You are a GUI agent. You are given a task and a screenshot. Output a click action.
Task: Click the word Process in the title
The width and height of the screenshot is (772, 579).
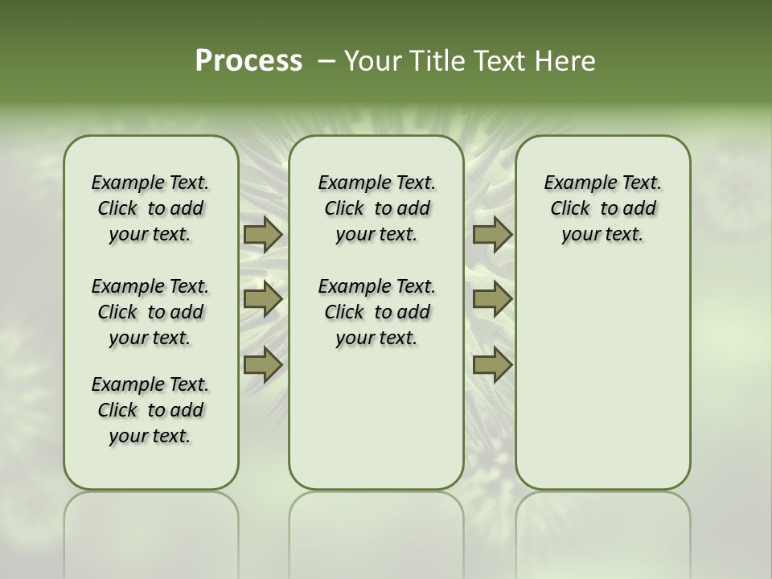pyautogui.click(x=248, y=61)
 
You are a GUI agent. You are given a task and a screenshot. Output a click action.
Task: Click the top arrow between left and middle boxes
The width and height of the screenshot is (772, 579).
pyautogui.click(x=262, y=235)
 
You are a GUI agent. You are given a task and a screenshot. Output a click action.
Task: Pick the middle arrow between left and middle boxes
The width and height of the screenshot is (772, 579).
pyautogui.click(x=262, y=300)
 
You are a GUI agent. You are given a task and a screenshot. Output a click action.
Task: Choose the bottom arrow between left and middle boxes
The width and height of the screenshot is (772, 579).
pyautogui.click(x=262, y=365)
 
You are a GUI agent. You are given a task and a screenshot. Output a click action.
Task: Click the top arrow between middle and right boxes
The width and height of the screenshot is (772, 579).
pyautogui.click(x=492, y=235)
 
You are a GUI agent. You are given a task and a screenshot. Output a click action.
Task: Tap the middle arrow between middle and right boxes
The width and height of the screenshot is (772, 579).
pyautogui.click(x=492, y=300)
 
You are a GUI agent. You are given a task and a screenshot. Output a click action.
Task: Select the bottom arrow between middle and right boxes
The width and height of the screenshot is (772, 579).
pyautogui.click(x=492, y=365)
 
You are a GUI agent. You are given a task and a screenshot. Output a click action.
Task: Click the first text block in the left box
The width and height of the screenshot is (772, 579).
pyautogui.click(x=150, y=209)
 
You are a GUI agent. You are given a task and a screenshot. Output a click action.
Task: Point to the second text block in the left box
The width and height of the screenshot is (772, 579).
pyautogui.click(x=150, y=312)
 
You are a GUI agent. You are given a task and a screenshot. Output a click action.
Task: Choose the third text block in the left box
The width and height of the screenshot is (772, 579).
pyautogui.click(x=150, y=410)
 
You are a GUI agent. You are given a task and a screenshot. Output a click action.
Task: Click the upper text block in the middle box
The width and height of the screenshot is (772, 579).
pyautogui.click(x=377, y=209)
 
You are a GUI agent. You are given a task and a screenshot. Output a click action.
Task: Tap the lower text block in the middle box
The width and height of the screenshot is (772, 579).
pyautogui.click(x=377, y=312)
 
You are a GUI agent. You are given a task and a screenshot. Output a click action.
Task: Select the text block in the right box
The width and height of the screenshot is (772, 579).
pyautogui.click(x=603, y=209)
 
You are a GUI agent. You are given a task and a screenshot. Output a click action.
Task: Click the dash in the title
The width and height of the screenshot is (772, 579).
pyautogui.click(x=326, y=61)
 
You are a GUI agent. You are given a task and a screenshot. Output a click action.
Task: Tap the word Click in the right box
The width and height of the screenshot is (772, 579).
pyautogui.click(x=570, y=209)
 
